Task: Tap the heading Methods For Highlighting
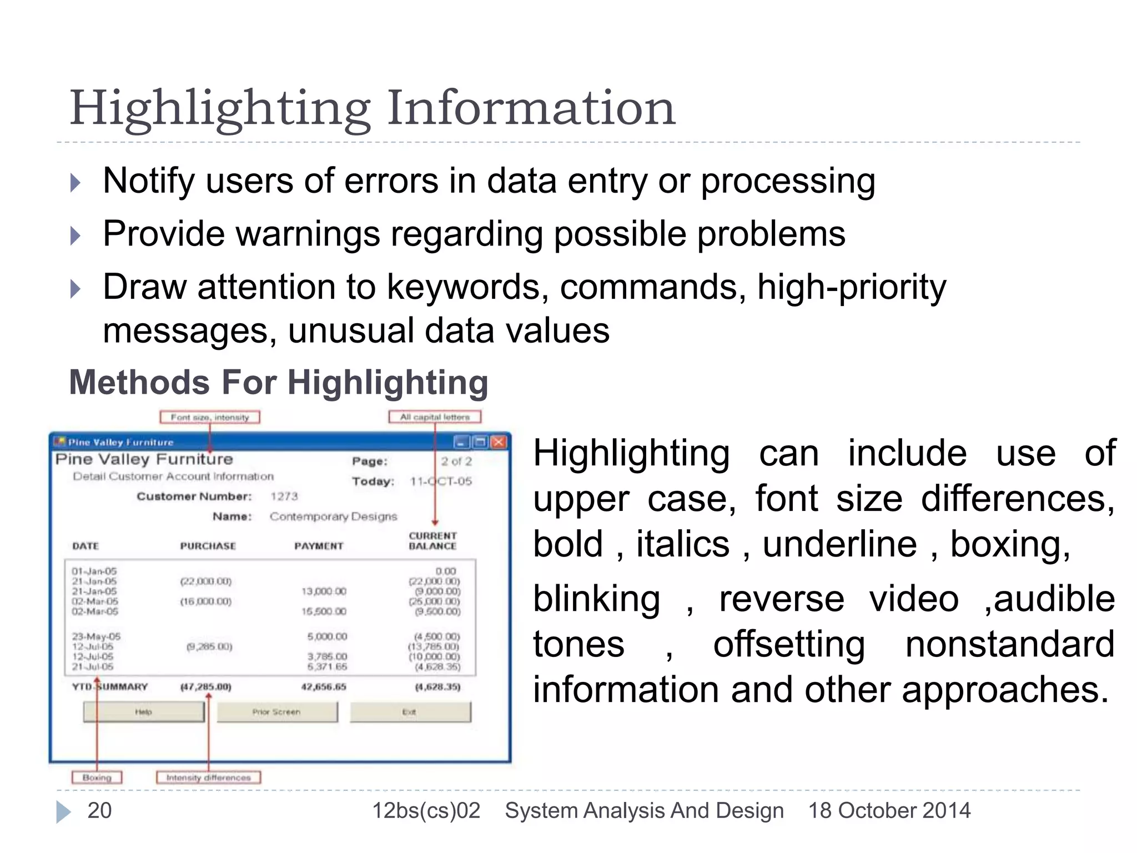(x=278, y=383)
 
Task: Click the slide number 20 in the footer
(x=99, y=811)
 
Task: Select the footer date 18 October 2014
(x=889, y=811)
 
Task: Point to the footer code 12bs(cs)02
(x=426, y=811)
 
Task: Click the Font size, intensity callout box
(x=210, y=417)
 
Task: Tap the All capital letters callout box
(x=435, y=417)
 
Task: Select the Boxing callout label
(x=97, y=777)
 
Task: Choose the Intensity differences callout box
(x=208, y=777)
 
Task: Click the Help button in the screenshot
(x=144, y=712)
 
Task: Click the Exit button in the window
(x=410, y=712)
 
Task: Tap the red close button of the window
(x=499, y=442)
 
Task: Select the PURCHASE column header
(x=208, y=546)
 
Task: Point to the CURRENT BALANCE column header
(x=432, y=541)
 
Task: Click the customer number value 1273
(x=284, y=496)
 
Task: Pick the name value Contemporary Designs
(x=333, y=516)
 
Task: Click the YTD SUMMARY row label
(x=110, y=687)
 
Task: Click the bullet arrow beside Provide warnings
(x=76, y=235)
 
